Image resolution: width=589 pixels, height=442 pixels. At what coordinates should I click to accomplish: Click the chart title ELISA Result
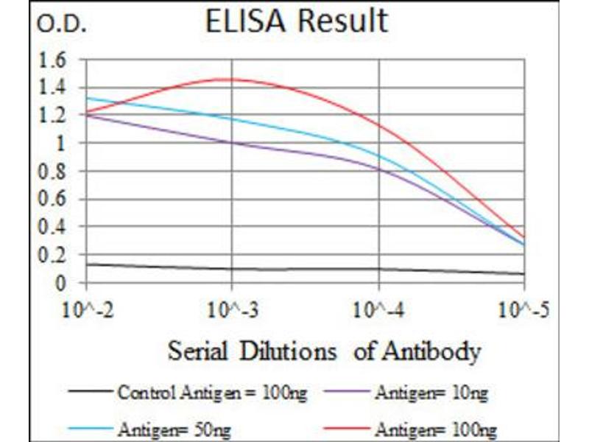pyautogui.click(x=296, y=21)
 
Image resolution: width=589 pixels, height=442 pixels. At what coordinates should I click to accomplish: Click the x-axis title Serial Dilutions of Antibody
pyautogui.click(x=324, y=351)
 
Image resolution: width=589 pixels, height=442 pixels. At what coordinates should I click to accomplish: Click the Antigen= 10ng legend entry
pyautogui.click(x=431, y=393)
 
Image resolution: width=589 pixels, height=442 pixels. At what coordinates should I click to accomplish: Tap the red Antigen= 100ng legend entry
pyautogui.click(x=434, y=427)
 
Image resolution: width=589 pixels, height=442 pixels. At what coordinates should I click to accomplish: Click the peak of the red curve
pyautogui.click(x=228, y=79)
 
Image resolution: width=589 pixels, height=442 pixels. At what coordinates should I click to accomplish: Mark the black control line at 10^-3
pyautogui.click(x=232, y=268)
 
